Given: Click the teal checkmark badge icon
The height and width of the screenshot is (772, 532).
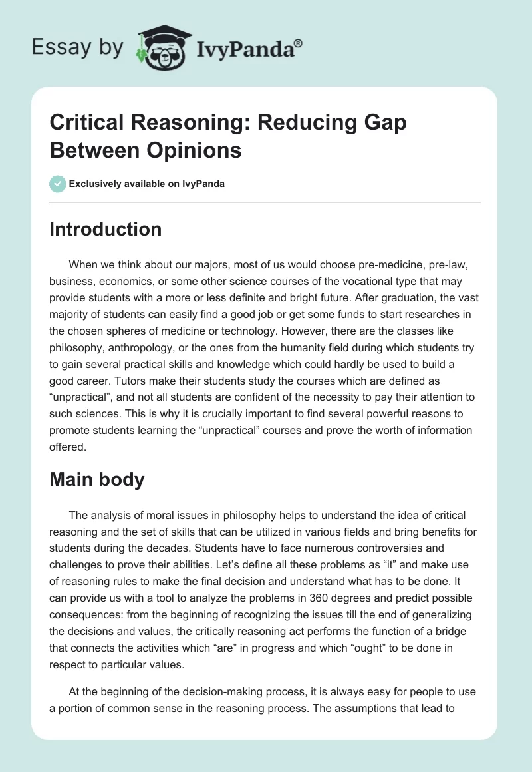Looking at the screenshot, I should [x=58, y=184].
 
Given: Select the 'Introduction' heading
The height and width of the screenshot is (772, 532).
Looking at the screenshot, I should [x=106, y=230].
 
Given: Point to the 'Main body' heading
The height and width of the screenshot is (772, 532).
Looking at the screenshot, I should [x=97, y=480].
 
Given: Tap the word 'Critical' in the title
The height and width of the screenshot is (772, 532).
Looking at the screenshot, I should [x=85, y=123].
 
